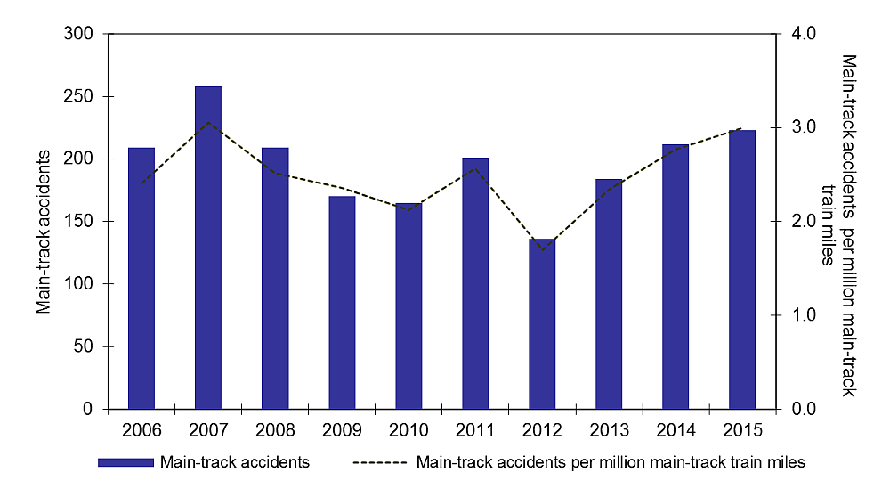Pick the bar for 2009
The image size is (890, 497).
pyautogui.click(x=342, y=303)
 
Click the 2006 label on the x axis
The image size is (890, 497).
pyautogui.click(x=142, y=430)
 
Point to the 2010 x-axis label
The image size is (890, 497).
pyautogui.click(x=409, y=430)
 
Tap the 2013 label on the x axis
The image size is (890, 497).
pyautogui.click(x=609, y=430)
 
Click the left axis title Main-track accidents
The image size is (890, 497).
pyautogui.click(x=43, y=222)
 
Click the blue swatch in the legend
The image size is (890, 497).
pyautogui.click(x=126, y=463)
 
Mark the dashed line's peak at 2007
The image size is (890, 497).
pyautogui.click(x=208, y=122)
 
